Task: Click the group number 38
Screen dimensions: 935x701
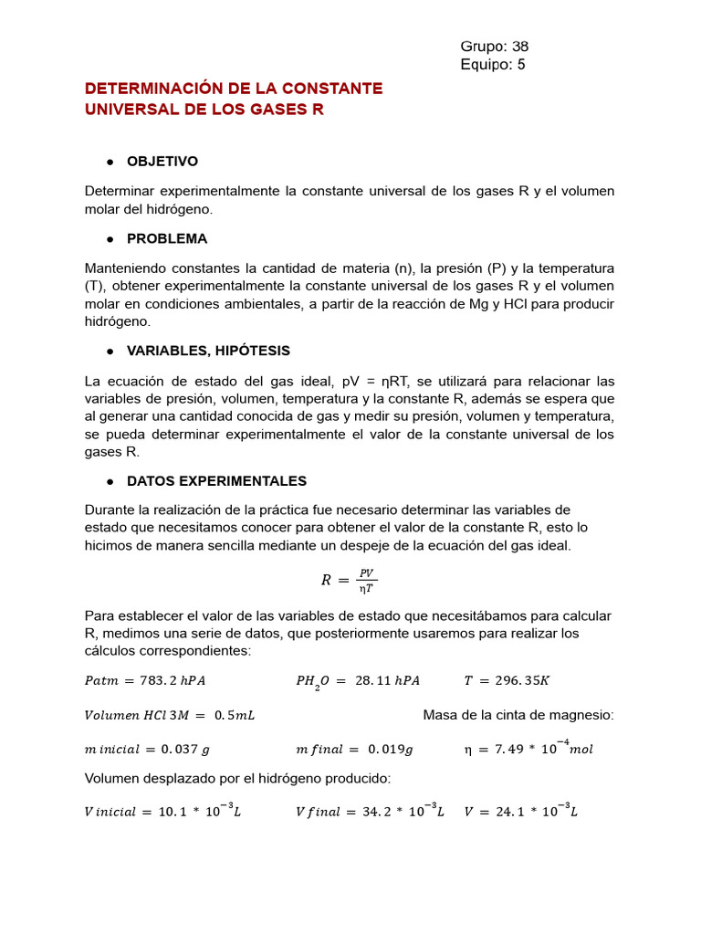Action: coord(519,47)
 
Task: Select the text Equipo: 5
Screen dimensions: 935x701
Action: coord(493,65)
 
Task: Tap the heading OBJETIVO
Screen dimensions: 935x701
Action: coord(162,162)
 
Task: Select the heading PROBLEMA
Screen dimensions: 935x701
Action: coord(166,238)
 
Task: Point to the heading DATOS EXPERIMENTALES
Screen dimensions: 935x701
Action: coord(216,481)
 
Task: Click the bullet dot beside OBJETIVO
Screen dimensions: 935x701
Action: coord(110,162)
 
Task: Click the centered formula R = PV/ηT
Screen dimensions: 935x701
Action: coord(350,580)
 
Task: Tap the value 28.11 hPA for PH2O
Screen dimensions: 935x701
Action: coord(383,680)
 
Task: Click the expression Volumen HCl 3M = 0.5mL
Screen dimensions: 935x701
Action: coord(170,715)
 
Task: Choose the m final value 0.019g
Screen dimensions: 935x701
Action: coord(391,750)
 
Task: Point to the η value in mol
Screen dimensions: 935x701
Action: coord(529,749)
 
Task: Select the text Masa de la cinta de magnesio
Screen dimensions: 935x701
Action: coord(518,715)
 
